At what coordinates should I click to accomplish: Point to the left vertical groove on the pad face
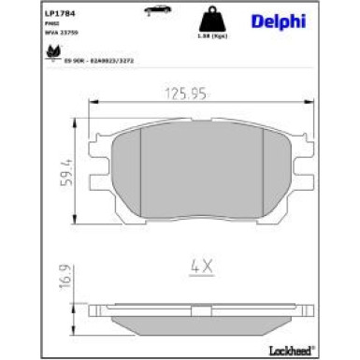(138, 173)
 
